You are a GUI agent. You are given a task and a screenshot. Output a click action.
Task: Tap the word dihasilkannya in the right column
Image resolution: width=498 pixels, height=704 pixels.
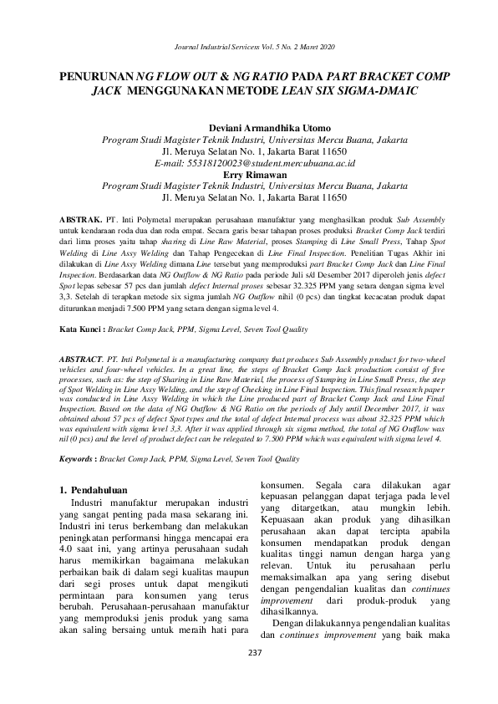292,610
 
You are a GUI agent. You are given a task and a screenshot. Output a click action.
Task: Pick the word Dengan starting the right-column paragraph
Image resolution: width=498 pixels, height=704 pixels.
291,622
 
